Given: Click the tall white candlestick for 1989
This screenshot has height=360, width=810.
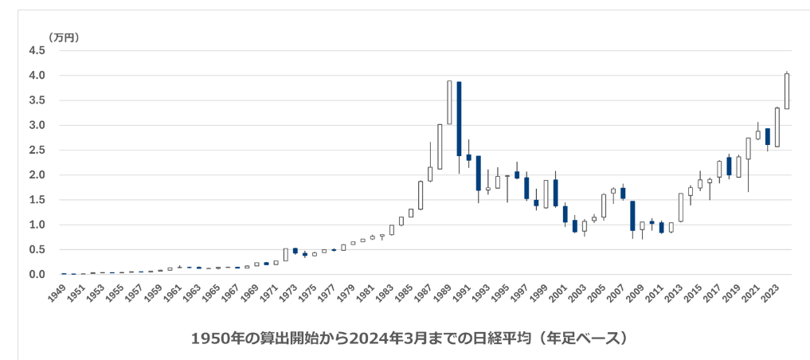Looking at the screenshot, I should (449, 102).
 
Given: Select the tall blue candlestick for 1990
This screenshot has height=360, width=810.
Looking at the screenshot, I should (459, 119).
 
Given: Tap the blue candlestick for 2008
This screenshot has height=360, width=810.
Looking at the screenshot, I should (632, 216).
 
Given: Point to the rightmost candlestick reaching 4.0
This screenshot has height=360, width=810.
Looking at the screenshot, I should (787, 91).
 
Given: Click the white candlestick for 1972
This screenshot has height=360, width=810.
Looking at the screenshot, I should (285, 255).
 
